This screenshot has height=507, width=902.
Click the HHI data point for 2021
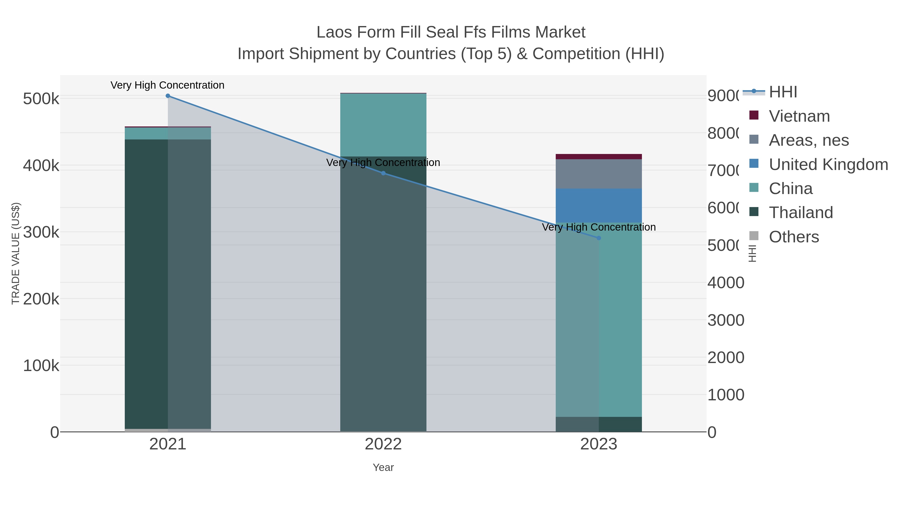[x=168, y=96]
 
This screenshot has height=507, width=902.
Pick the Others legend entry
[x=794, y=237]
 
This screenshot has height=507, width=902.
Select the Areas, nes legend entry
[x=809, y=140]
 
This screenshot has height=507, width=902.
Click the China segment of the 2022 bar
[x=383, y=125]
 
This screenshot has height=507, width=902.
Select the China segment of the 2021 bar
[x=168, y=133]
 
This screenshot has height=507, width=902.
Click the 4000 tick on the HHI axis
[x=726, y=283]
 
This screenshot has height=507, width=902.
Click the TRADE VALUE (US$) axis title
[x=16, y=253]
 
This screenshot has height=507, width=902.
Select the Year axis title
[x=383, y=467]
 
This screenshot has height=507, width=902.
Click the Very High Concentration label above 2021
[x=167, y=85]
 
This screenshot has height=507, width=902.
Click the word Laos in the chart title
[x=334, y=33]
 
